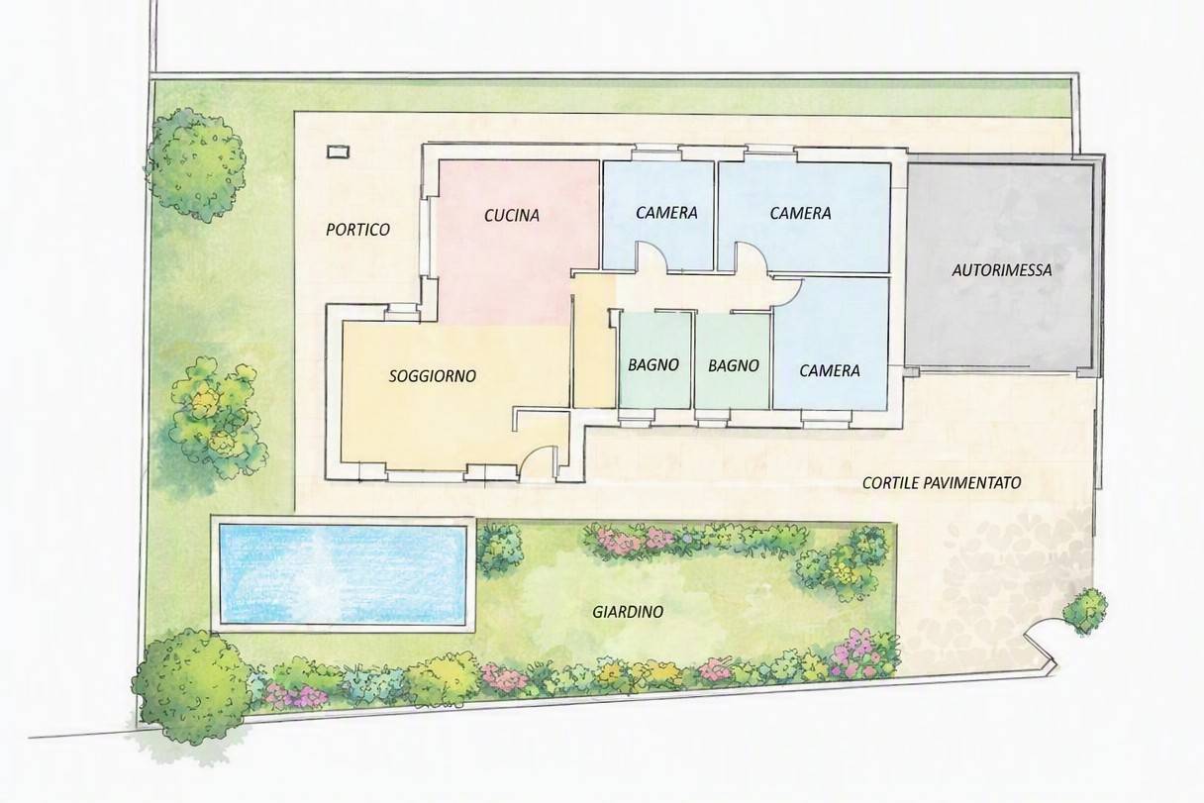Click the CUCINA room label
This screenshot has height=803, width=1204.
click(512, 216)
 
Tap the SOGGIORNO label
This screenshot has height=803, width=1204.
click(433, 376)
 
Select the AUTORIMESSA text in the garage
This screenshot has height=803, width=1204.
click(1002, 270)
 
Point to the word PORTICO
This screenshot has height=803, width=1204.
click(358, 230)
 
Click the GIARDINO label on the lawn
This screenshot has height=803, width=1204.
click(628, 612)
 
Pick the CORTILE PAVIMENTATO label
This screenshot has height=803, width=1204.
click(942, 483)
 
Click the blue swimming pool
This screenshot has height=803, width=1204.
click(343, 573)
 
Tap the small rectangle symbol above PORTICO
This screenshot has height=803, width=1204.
click(338, 152)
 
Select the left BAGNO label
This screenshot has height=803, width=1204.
click(653, 365)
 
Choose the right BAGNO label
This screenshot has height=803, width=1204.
click(734, 366)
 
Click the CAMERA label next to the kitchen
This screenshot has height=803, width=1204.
click(666, 213)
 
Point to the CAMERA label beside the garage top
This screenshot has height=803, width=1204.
click(800, 214)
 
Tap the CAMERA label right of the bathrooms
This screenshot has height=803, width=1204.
click(830, 371)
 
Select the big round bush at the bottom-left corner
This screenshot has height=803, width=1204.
click(191, 682)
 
